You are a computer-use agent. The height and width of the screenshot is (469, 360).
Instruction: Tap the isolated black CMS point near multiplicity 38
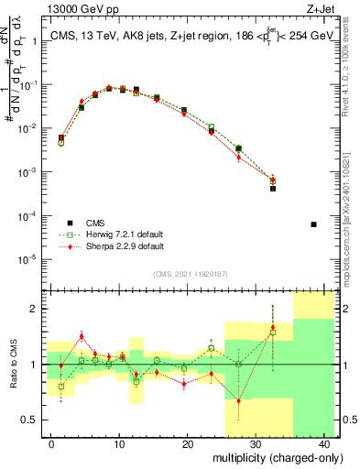pos(313,224)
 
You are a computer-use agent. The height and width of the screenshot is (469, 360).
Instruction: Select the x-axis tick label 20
pos(187,443)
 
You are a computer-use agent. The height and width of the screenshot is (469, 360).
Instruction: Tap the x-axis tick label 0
pos(51,443)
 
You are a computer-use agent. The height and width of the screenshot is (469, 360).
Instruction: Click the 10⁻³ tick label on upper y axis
pos(30,172)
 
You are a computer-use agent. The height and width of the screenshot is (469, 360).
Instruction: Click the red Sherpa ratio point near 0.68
pos(239,400)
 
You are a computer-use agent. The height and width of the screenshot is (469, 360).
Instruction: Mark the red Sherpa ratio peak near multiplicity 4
pos(82,336)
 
